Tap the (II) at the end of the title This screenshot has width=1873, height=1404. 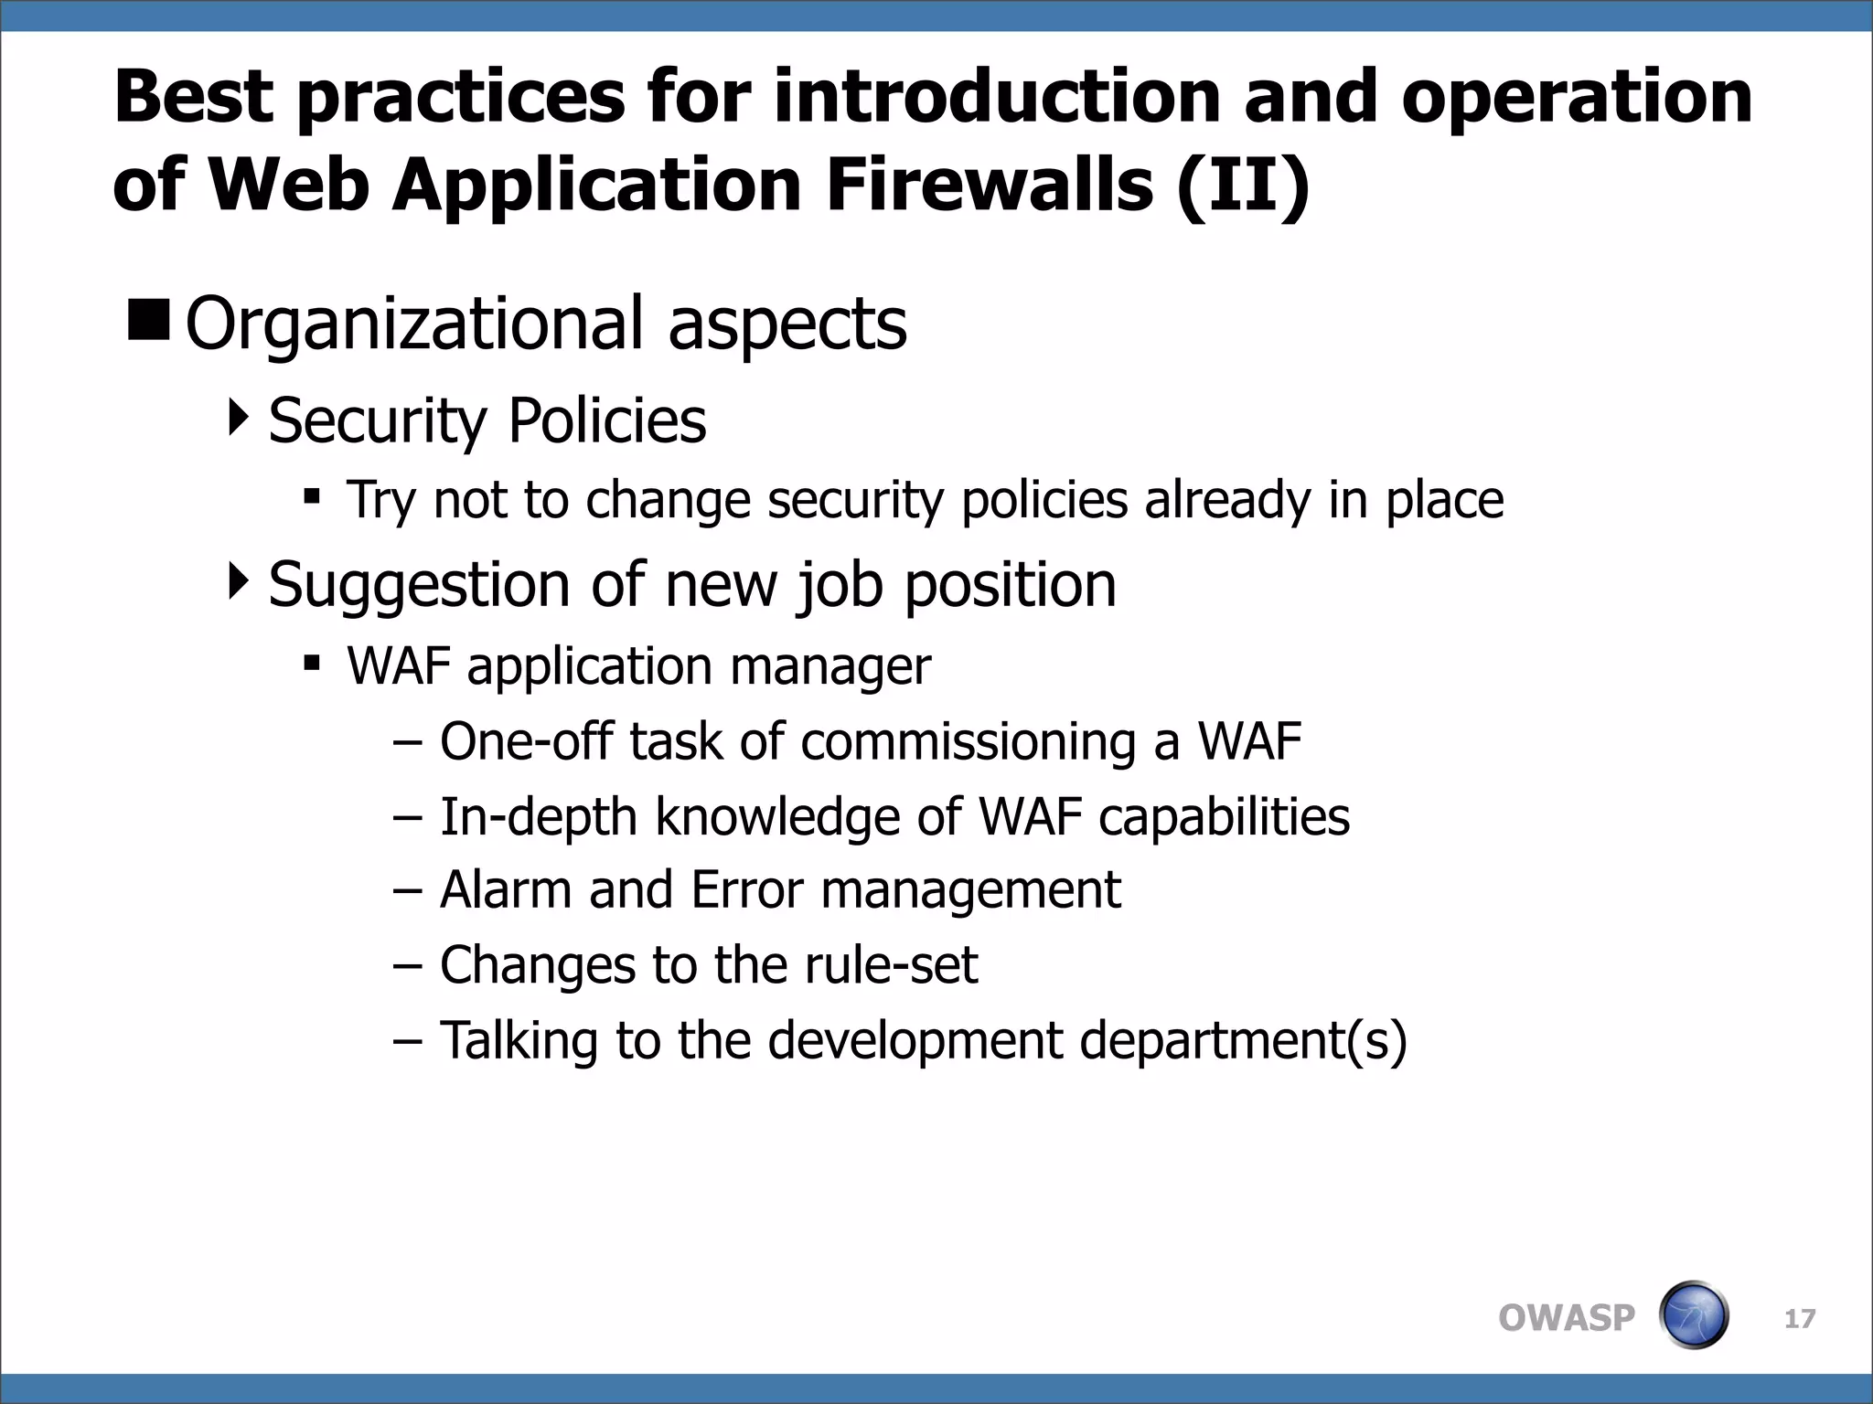1244,186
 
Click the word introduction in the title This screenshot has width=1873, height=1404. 998,97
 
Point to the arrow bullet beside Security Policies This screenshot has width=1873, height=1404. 238,418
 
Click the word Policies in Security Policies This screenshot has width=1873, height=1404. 606,420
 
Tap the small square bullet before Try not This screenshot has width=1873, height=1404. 312,497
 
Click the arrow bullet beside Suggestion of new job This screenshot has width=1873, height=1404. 238,581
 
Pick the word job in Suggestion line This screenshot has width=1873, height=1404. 840,585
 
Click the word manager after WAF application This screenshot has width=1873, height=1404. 829,666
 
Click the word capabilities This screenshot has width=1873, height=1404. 1224,817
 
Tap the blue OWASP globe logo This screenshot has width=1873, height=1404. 1694,1315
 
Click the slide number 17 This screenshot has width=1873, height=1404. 1800,1319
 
